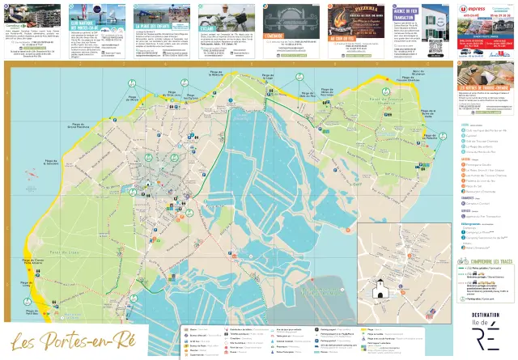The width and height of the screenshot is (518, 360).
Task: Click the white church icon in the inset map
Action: [x=379, y=290]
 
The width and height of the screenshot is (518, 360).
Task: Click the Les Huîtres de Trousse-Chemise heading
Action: [x=487, y=89]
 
